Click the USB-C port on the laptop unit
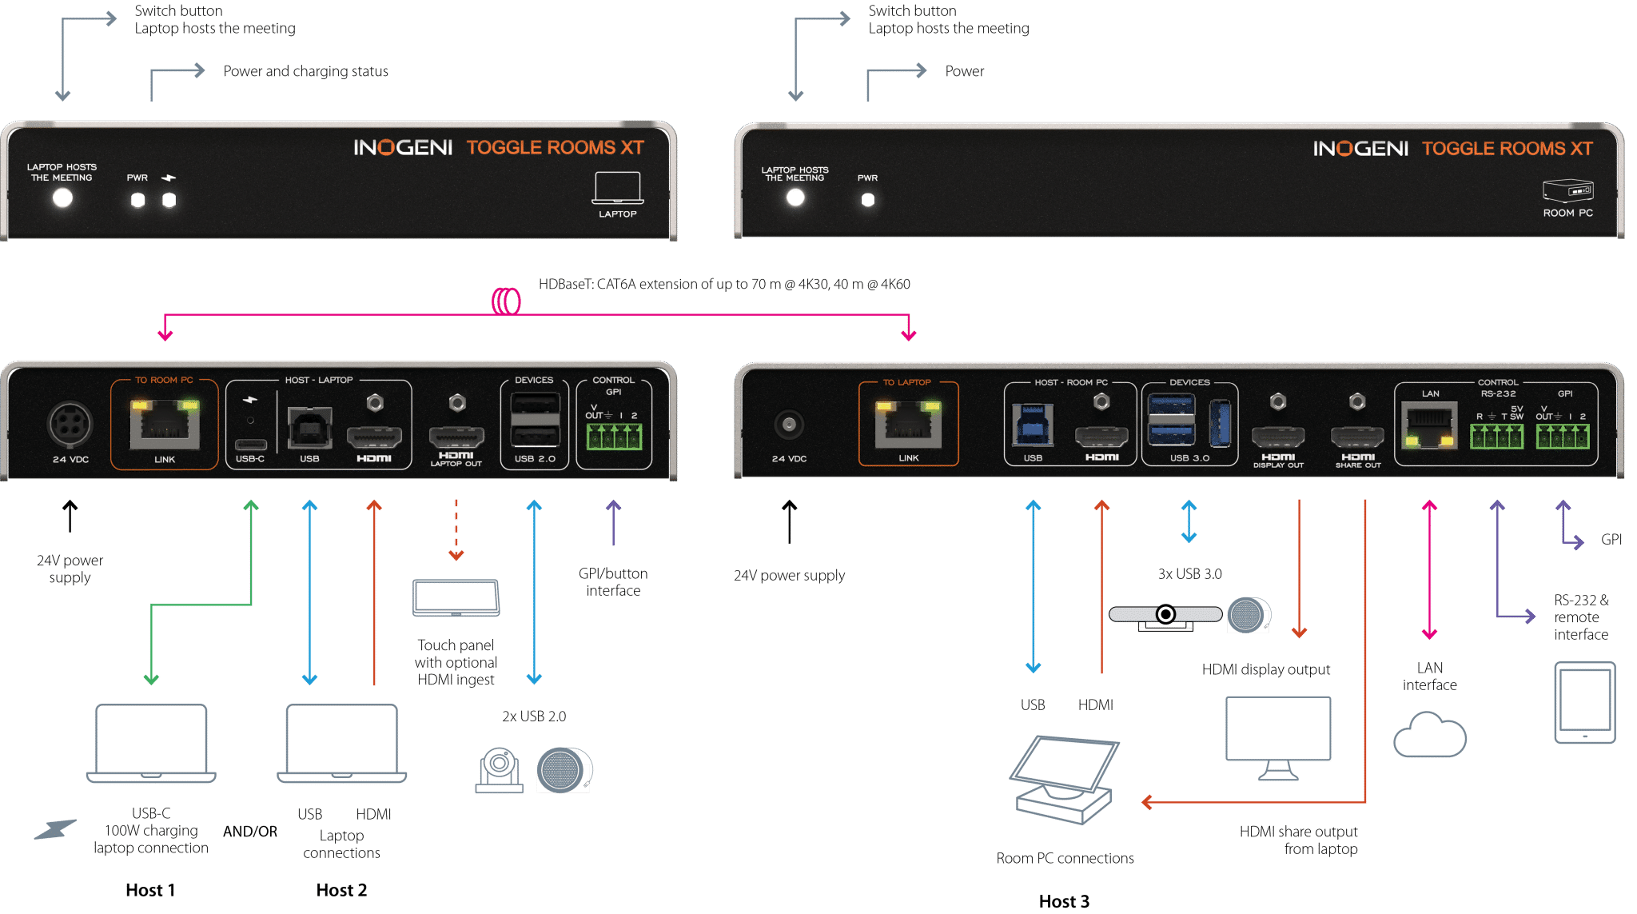point(250,444)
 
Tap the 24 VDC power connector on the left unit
point(70,424)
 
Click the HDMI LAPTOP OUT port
point(456,437)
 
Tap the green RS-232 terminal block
point(1496,437)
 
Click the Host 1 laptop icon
point(151,743)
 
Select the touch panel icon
point(456,597)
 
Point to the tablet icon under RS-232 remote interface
point(1584,702)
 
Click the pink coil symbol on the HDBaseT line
point(506,301)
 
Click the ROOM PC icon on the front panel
point(1567,191)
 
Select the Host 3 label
point(1064,901)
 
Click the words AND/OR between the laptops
point(250,832)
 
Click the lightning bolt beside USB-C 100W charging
point(55,830)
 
